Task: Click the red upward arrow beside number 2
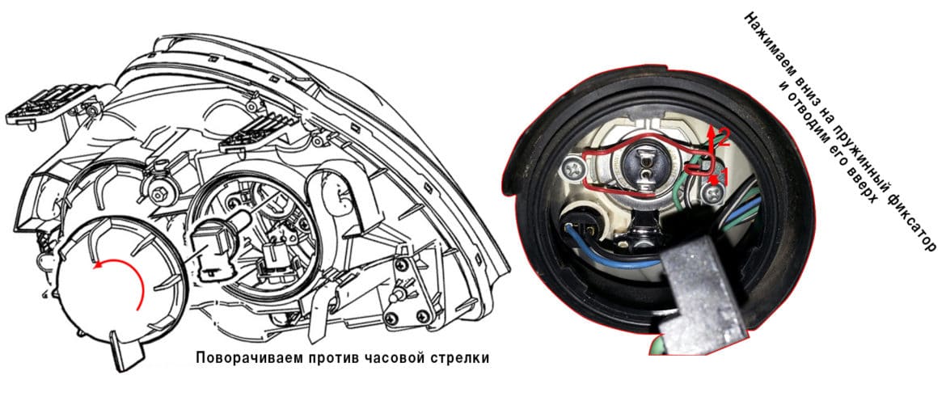click(x=712, y=145)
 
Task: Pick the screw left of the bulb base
click(x=572, y=168)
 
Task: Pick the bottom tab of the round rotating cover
click(x=125, y=351)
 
